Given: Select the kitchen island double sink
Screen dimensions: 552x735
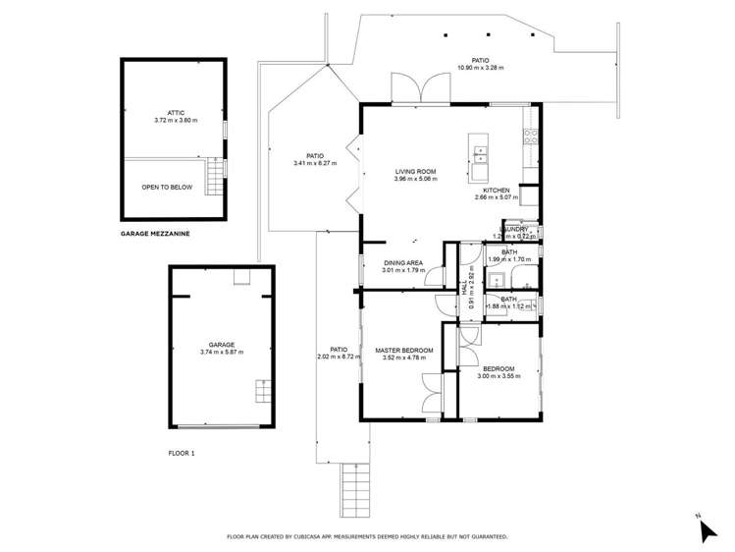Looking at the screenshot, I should click(481, 152).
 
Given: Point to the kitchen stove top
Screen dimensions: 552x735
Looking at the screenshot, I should click(529, 138).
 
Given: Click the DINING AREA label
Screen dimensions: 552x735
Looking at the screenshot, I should click(402, 262).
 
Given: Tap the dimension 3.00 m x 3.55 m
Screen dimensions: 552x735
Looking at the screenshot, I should click(497, 376).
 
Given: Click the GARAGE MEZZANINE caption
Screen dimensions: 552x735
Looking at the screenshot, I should click(155, 235).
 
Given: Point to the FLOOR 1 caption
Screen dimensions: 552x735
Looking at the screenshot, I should click(182, 454).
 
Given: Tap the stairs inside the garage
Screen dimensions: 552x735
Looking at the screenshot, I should click(260, 391).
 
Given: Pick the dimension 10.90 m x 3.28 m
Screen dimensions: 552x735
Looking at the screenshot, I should click(480, 68).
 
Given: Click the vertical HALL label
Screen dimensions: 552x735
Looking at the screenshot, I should click(464, 291).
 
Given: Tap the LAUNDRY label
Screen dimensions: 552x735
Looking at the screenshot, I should click(512, 229).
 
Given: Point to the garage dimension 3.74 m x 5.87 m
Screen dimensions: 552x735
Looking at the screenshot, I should click(222, 352).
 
